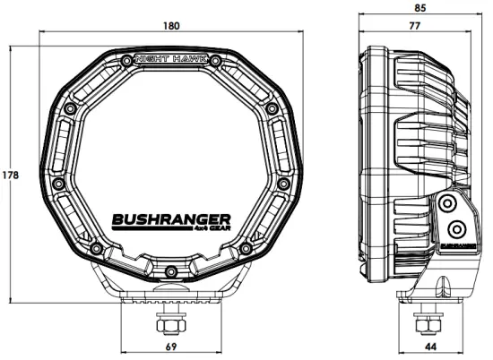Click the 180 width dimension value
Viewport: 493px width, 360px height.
pos(170,26)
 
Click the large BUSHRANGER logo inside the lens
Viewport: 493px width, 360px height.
pos(170,218)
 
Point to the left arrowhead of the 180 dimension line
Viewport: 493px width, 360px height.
pos(43,36)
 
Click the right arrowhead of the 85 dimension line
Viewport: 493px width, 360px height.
pos(481,16)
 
